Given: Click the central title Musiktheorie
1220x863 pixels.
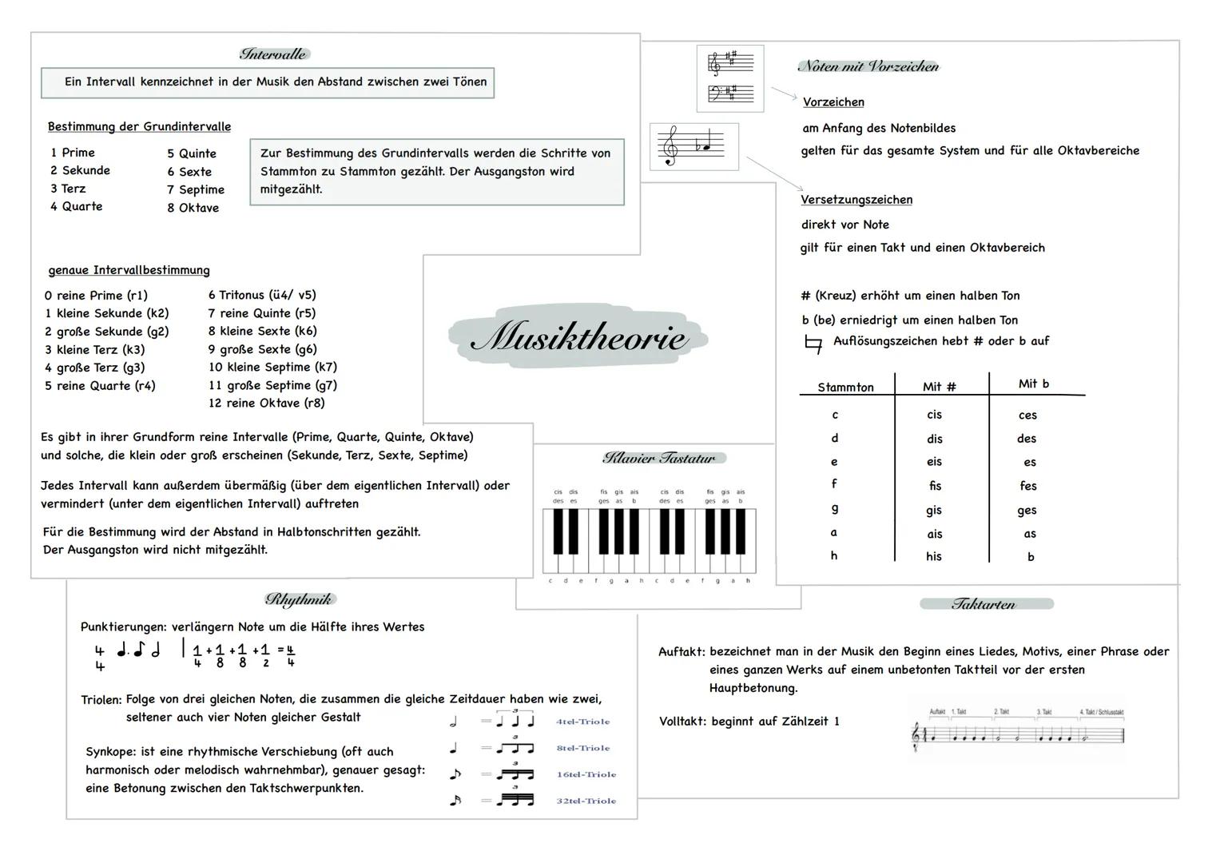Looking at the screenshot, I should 578,337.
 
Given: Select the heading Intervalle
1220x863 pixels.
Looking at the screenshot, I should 273,54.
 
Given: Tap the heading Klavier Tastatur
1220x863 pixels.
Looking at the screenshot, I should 659,458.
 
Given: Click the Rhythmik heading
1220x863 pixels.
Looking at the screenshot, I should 299,599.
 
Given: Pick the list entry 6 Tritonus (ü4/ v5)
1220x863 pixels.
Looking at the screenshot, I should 262,295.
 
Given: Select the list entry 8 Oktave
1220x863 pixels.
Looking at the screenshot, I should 193,208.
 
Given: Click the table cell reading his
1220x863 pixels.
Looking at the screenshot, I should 934,556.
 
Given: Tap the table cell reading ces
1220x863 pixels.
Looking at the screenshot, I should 1027,415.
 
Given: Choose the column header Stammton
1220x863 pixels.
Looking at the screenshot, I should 845,387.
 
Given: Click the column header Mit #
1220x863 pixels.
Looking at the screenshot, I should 939,387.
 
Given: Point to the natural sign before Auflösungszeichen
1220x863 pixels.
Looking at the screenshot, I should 813,344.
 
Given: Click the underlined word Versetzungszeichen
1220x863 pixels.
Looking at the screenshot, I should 856,200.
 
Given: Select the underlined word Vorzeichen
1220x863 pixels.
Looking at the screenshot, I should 833,102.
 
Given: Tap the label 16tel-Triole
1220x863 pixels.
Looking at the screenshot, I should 586,774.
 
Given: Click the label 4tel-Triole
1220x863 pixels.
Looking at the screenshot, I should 582,722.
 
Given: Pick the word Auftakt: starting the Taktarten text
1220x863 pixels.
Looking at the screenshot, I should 682,651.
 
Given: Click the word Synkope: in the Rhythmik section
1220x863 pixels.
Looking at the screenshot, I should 111,751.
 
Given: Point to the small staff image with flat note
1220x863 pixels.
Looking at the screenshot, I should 694,146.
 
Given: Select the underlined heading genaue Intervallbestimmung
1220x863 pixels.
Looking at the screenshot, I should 129,270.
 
